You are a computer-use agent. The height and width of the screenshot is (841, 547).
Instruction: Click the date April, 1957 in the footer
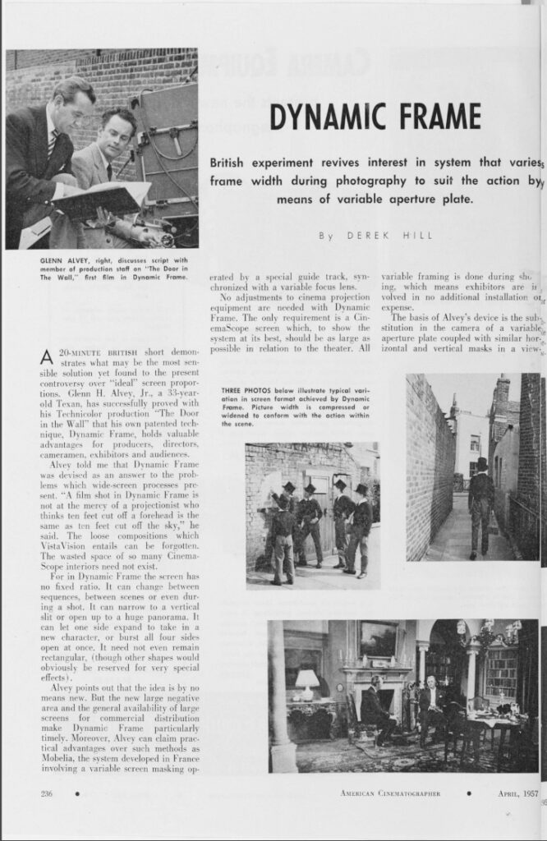(x=518, y=793)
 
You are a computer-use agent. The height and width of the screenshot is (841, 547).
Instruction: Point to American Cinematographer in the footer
(x=390, y=793)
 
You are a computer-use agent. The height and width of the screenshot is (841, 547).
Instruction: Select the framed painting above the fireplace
(x=378, y=639)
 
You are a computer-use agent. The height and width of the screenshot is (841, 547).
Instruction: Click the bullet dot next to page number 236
(x=76, y=793)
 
